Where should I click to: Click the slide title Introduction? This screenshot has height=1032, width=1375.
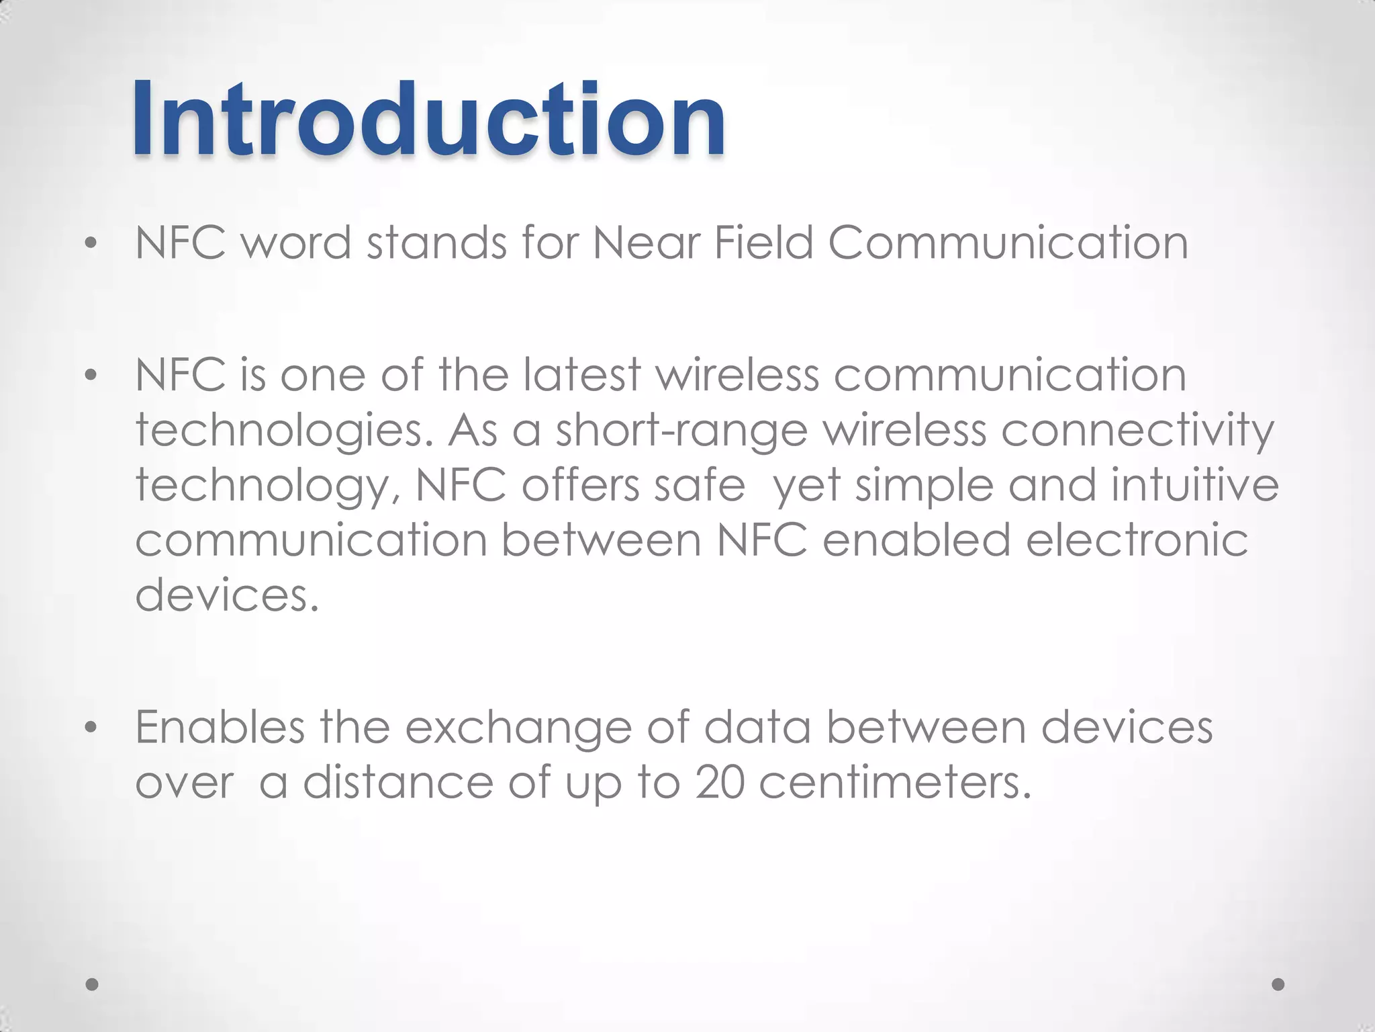tap(428, 119)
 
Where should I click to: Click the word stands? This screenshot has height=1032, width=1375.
tap(436, 243)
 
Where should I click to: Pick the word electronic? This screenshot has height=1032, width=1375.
tap(1137, 540)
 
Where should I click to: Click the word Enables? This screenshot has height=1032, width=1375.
tap(220, 727)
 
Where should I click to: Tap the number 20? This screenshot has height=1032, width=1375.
tap(720, 783)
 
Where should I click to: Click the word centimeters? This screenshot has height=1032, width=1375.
tap(895, 783)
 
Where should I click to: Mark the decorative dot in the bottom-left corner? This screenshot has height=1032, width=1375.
tap(93, 984)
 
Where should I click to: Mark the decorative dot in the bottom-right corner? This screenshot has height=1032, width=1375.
tap(1278, 984)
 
